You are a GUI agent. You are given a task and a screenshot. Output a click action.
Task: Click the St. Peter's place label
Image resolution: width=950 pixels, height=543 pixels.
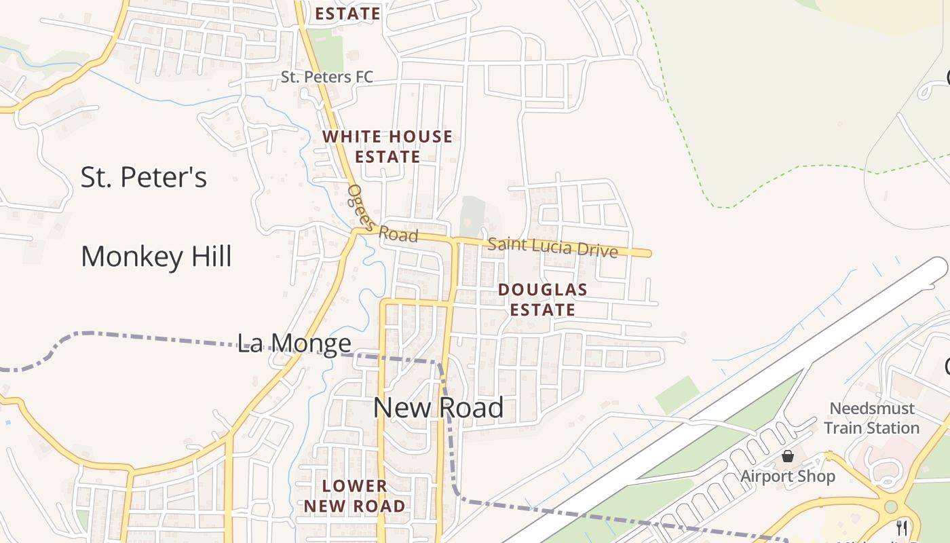[143, 178]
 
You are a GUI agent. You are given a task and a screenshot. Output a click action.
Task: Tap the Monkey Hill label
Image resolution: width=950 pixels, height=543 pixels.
[156, 257]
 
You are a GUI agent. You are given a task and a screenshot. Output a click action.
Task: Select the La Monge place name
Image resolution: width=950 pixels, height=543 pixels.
[294, 343]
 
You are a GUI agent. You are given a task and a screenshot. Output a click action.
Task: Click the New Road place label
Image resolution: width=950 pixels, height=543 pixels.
[438, 408]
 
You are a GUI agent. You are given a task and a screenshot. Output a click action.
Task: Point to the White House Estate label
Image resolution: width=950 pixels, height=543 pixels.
[387, 147]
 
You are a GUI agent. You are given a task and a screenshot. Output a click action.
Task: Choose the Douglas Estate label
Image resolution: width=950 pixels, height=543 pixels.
[543, 299]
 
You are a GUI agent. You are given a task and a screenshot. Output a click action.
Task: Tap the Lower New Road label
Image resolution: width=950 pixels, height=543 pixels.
[354, 496]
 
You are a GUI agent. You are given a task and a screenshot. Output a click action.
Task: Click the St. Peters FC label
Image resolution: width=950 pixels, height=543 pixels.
[327, 77]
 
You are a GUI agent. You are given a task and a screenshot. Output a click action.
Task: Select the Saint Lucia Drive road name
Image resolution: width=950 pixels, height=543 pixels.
[552, 246]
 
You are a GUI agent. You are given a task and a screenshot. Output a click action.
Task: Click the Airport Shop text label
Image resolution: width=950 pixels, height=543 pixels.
[787, 476]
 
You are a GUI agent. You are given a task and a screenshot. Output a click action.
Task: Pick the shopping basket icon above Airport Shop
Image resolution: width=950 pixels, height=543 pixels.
[788, 456]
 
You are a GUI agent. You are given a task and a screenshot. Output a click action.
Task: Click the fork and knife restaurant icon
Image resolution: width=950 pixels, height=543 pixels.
[902, 528]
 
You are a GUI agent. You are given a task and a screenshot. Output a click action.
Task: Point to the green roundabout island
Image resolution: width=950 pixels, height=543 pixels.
[891, 506]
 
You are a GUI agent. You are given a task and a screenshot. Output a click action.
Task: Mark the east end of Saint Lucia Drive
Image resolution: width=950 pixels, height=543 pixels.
[647, 254]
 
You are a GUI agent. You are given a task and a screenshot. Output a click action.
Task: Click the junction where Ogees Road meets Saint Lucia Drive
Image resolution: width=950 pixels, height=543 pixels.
[356, 231]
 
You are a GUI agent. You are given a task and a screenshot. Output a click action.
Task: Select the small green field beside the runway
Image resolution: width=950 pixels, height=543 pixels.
[677, 394]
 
